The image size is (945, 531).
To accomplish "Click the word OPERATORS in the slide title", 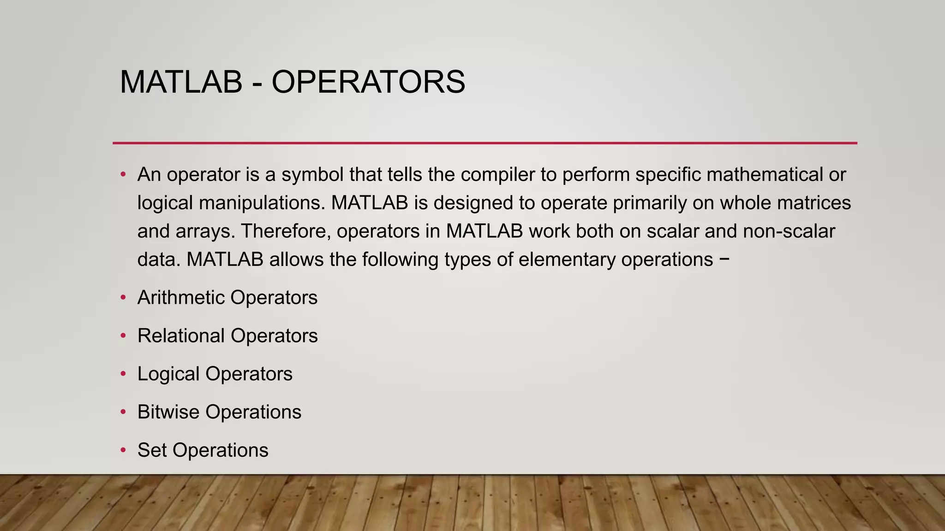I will click(368, 82).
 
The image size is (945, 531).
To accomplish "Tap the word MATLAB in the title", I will click(181, 82).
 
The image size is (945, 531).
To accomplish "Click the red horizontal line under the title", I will click(484, 143).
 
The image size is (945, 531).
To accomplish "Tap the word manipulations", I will click(262, 203).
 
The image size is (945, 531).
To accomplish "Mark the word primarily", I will click(650, 203).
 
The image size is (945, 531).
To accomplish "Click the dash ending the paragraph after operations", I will click(724, 259).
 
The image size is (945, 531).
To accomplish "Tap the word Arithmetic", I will click(180, 298).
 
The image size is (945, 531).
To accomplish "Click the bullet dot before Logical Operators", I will click(123, 374).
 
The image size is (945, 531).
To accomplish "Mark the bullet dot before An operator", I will click(123, 175).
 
